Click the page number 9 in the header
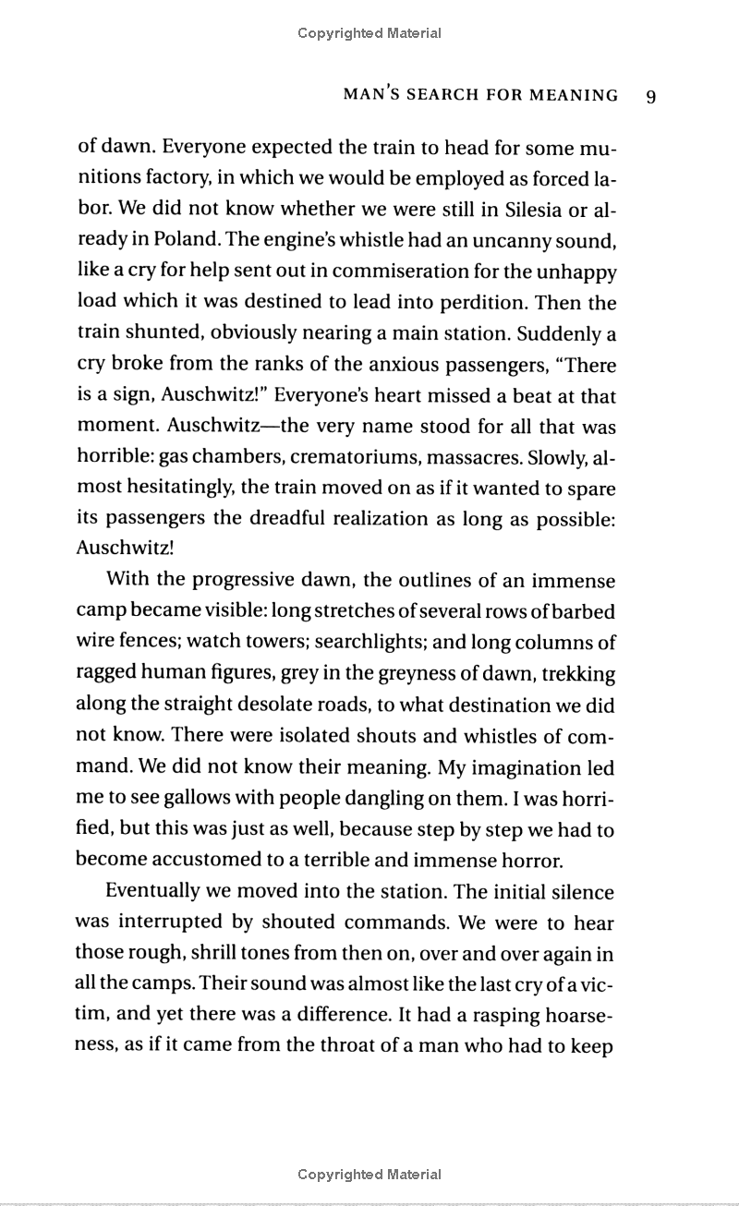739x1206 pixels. (x=651, y=96)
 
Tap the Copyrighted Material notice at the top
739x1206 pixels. (x=369, y=33)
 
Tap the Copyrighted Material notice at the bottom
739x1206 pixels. (x=369, y=1175)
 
